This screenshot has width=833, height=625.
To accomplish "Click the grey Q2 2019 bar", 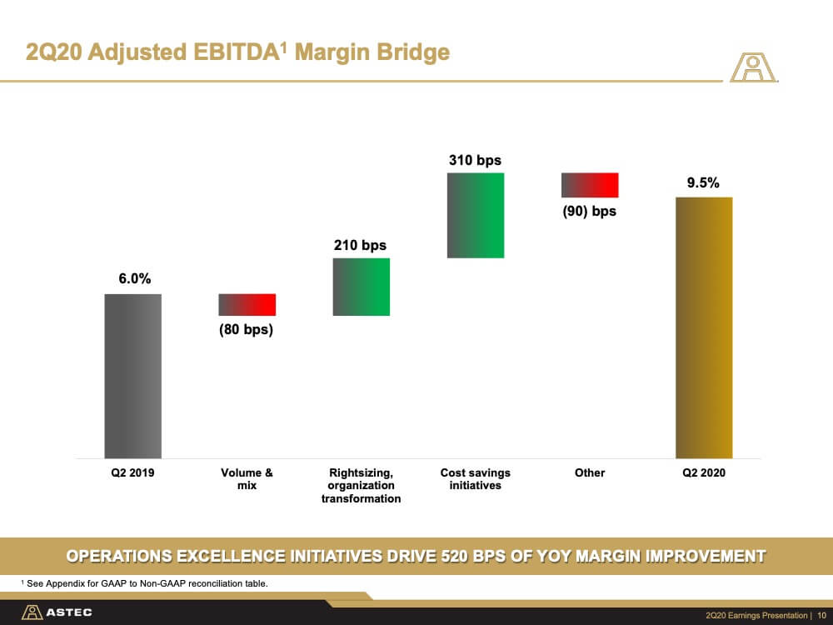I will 132,375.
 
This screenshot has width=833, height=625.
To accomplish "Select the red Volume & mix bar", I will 247,304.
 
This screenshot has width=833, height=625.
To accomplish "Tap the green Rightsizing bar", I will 361,287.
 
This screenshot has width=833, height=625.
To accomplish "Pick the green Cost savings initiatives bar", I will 476,215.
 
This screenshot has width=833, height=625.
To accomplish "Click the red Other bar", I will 590,184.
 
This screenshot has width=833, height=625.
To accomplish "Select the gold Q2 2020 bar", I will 704,327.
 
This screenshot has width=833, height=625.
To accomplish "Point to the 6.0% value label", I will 133,279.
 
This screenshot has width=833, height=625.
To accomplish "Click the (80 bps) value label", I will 246,329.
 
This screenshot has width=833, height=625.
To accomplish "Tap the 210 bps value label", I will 360,245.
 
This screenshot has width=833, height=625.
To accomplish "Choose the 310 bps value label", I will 475,160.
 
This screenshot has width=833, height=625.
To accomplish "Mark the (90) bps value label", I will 589,211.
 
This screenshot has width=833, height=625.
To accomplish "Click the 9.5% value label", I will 704,183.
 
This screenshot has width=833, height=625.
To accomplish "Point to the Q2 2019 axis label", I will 133,472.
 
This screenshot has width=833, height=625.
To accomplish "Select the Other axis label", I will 590,472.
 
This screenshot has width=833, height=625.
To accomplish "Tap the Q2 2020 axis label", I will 704,472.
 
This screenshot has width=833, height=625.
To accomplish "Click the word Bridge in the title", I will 407,52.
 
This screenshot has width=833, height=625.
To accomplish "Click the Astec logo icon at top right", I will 753,68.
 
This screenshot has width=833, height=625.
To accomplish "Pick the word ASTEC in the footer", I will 69,612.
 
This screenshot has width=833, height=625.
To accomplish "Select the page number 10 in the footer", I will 821,615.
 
